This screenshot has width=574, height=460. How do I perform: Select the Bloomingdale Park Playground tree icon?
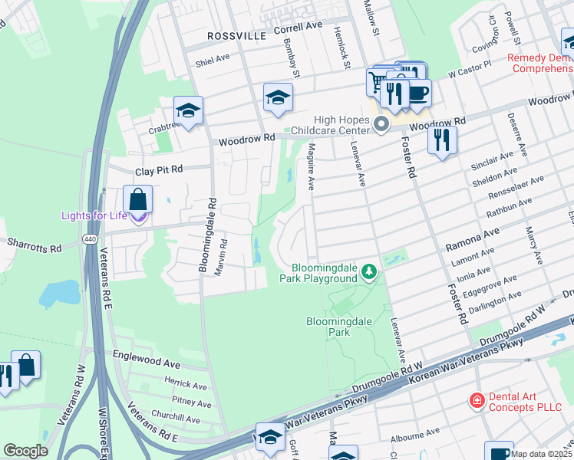pos(369,271)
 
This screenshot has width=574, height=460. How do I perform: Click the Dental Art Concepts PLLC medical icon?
pos(477,400)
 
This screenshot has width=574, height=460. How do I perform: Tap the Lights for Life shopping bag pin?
pos(137,200)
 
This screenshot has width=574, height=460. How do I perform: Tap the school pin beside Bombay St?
pos(278,97)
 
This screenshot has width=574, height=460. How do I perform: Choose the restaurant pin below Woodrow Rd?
pos(442,140)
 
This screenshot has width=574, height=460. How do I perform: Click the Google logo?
pos(25,451)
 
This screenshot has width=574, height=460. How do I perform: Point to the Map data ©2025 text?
pos(542,454)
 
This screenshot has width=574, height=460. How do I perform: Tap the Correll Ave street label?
pos(298,25)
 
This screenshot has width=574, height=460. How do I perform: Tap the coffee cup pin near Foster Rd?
pos(418,93)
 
